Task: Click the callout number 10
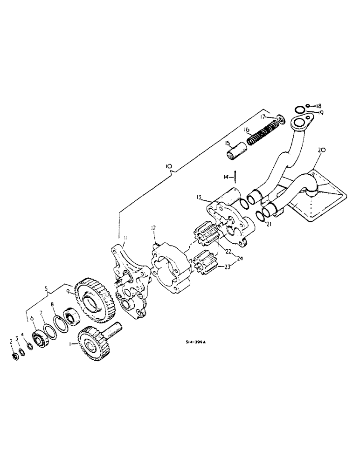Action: pyautogui.click(x=168, y=166)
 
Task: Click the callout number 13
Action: pyautogui.click(x=199, y=198)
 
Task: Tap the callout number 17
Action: pyautogui.click(x=263, y=116)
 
